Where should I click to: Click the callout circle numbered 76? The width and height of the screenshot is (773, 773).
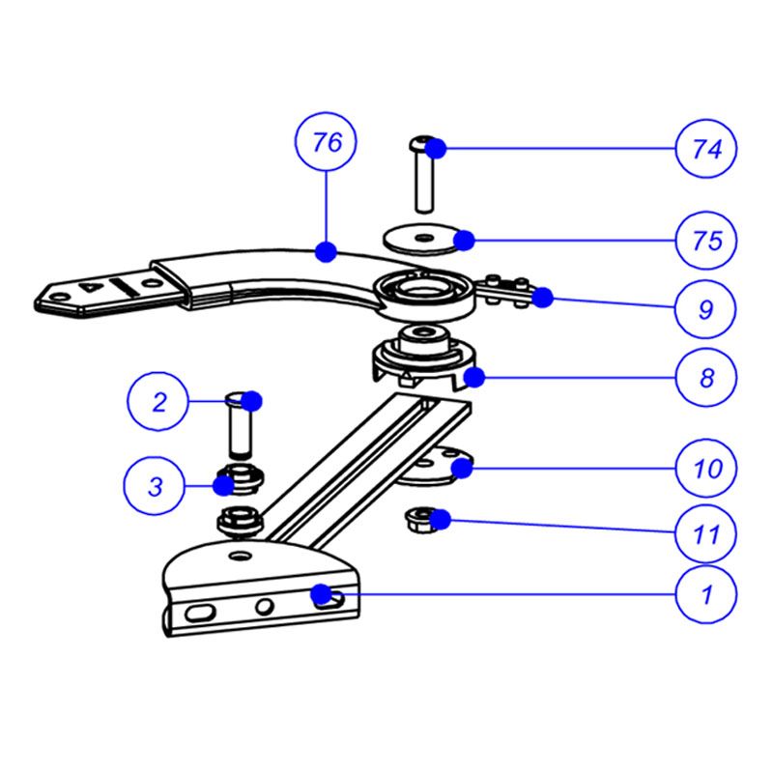pyautogui.click(x=328, y=144)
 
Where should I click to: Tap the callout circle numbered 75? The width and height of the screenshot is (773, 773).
pyautogui.click(x=706, y=240)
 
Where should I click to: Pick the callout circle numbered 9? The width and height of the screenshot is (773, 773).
pyautogui.click(x=706, y=309)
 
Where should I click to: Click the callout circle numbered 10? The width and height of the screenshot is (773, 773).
pyautogui.click(x=706, y=470)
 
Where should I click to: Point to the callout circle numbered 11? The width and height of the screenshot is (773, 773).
pyautogui.click(x=706, y=532)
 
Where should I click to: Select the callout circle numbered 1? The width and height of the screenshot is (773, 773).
pyautogui.click(x=706, y=595)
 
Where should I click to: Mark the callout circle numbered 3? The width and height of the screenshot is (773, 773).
pyautogui.click(x=155, y=486)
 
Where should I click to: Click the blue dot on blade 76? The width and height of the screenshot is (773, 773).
pyautogui.click(x=327, y=252)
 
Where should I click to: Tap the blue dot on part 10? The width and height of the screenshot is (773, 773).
pyautogui.click(x=463, y=469)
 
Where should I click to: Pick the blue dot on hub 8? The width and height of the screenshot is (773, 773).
pyautogui.click(x=473, y=375)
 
